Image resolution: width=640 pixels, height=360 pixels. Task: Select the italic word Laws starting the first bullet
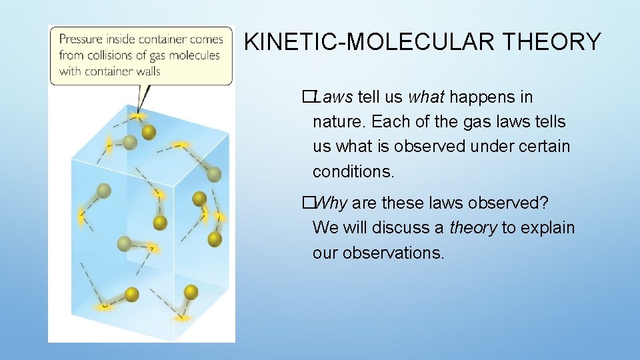click(x=333, y=97)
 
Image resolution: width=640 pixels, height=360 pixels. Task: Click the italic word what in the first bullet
click(x=425, y=97)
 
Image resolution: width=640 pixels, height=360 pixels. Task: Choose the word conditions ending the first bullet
click(x=353, y=171)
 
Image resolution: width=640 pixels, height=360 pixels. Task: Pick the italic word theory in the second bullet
click(x=473, y=227)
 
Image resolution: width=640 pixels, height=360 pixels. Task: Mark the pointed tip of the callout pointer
click(x=139, y=112)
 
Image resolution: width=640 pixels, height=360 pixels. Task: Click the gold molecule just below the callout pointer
click(x=149, y=132)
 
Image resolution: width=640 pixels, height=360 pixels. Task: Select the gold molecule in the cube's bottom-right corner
click(x=191, y=291)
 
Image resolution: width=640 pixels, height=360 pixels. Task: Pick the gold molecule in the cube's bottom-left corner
click(x=131, y=294)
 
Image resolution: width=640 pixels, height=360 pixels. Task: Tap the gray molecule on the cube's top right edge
click(x=213, y=174)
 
